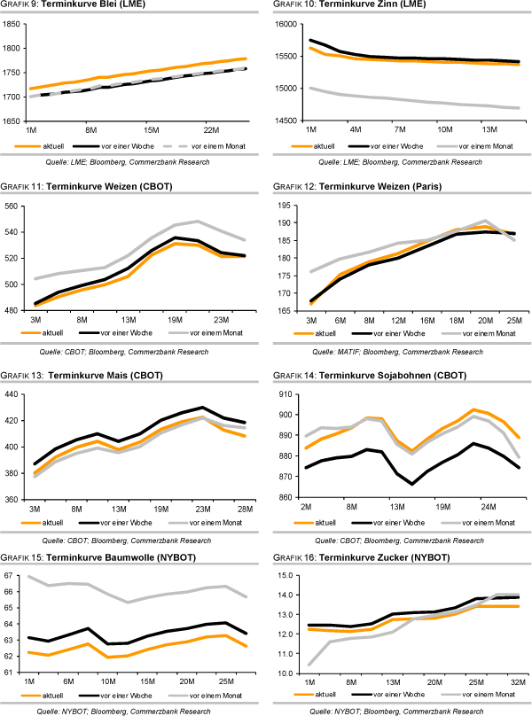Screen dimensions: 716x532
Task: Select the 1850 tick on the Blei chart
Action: point(14,24)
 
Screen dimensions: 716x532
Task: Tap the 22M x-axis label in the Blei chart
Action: point(210,129)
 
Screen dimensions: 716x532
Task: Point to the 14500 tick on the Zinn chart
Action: point(286,120)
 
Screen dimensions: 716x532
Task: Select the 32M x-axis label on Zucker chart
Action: point(515,681)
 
